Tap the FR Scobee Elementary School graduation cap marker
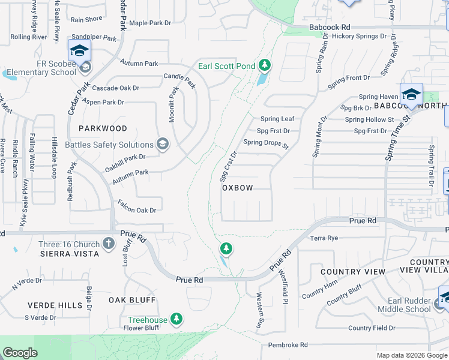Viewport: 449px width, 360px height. coord(79,52)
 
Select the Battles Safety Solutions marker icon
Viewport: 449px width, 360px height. coord(161,144)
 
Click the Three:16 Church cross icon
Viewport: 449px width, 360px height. coord(108,243)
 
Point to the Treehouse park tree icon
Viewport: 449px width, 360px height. coord(176,318)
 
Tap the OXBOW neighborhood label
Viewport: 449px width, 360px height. coord(237,188)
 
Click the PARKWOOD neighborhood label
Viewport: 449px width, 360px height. coord(103,128)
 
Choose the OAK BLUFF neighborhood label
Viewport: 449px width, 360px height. coord(132,299)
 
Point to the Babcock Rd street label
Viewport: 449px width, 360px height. coord(329,28)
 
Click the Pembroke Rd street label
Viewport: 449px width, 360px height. coord(288,345)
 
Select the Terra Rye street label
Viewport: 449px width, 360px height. coord(324,238)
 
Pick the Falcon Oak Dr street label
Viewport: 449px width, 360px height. coord(137,210)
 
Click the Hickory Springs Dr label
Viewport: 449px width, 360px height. coord(360,37)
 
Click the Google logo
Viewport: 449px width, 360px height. coord(20,353)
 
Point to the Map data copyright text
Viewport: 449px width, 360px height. coord(411,355)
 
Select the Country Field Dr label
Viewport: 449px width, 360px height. coord(371,328)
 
